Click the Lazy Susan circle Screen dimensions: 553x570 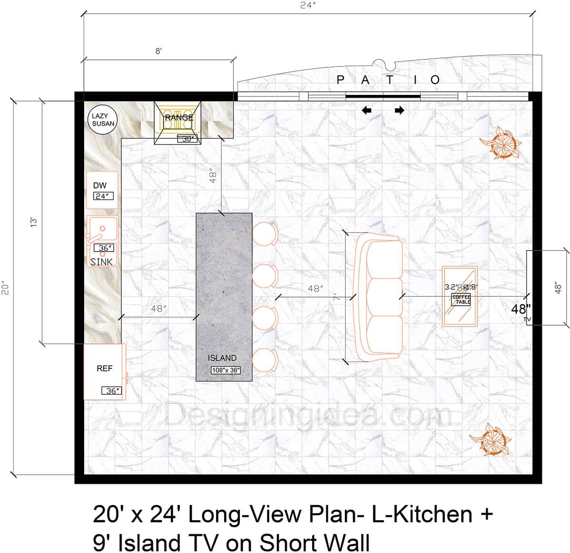(x=103, y=120)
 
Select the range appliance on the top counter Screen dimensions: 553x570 (x=178, y=122)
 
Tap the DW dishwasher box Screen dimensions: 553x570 (x=102, y=190)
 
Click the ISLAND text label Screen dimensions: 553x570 (x=222, y=358)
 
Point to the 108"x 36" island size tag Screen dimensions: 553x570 (x=226, y=370)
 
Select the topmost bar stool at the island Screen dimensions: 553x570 (x=265, y=234)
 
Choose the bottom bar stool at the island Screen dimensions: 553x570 (x=265, y=361)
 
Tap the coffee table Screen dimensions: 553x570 (x=460, y=297)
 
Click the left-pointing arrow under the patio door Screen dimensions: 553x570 (x=366, y=111)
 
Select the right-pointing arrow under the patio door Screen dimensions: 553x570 (x=399, y=111)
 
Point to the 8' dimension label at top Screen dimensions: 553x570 (x=159, y=51)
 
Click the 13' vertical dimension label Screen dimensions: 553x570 (x=33, y=222)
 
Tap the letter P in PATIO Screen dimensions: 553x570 (x=340, y=80)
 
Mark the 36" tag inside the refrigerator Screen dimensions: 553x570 (x=112, y=391)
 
